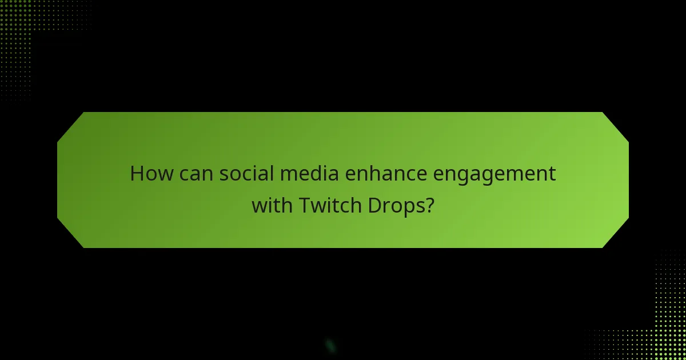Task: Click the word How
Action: (151, 173)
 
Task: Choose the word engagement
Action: (494, 175)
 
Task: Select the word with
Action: (272, 205)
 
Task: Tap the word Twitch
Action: (323, 205)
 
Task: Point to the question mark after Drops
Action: (428, 205)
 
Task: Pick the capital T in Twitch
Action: (304, 205)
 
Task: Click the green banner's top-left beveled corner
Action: (70, 126)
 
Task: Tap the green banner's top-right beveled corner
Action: (616, 126)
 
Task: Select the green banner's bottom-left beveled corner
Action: (70, 234)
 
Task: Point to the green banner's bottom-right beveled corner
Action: (616, 234)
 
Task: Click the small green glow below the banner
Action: (330, 346)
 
